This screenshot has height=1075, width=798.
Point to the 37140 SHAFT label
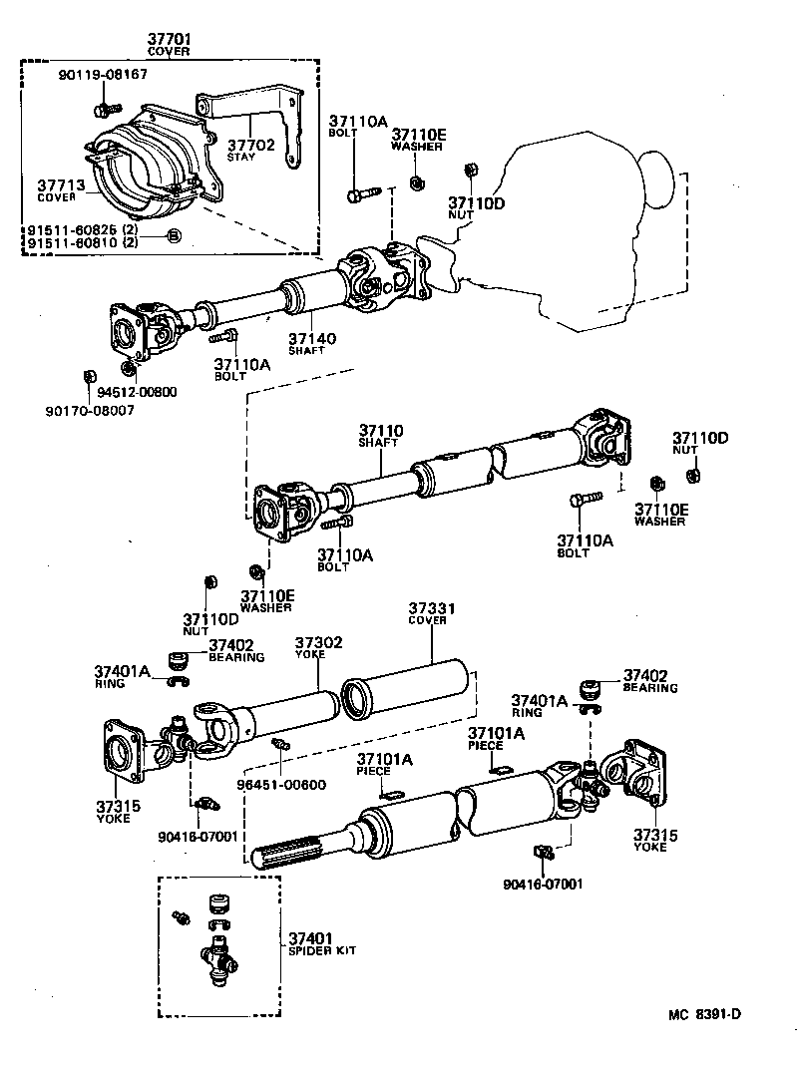click(312, 343)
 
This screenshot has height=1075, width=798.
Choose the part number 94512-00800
click(135, 392)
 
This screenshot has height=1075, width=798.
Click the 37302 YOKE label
click(318, 647)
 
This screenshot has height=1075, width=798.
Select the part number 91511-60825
click(72, 229)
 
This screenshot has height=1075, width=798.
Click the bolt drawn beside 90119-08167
click(104, 109)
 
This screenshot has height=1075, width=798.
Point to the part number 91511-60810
click(72, 242)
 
